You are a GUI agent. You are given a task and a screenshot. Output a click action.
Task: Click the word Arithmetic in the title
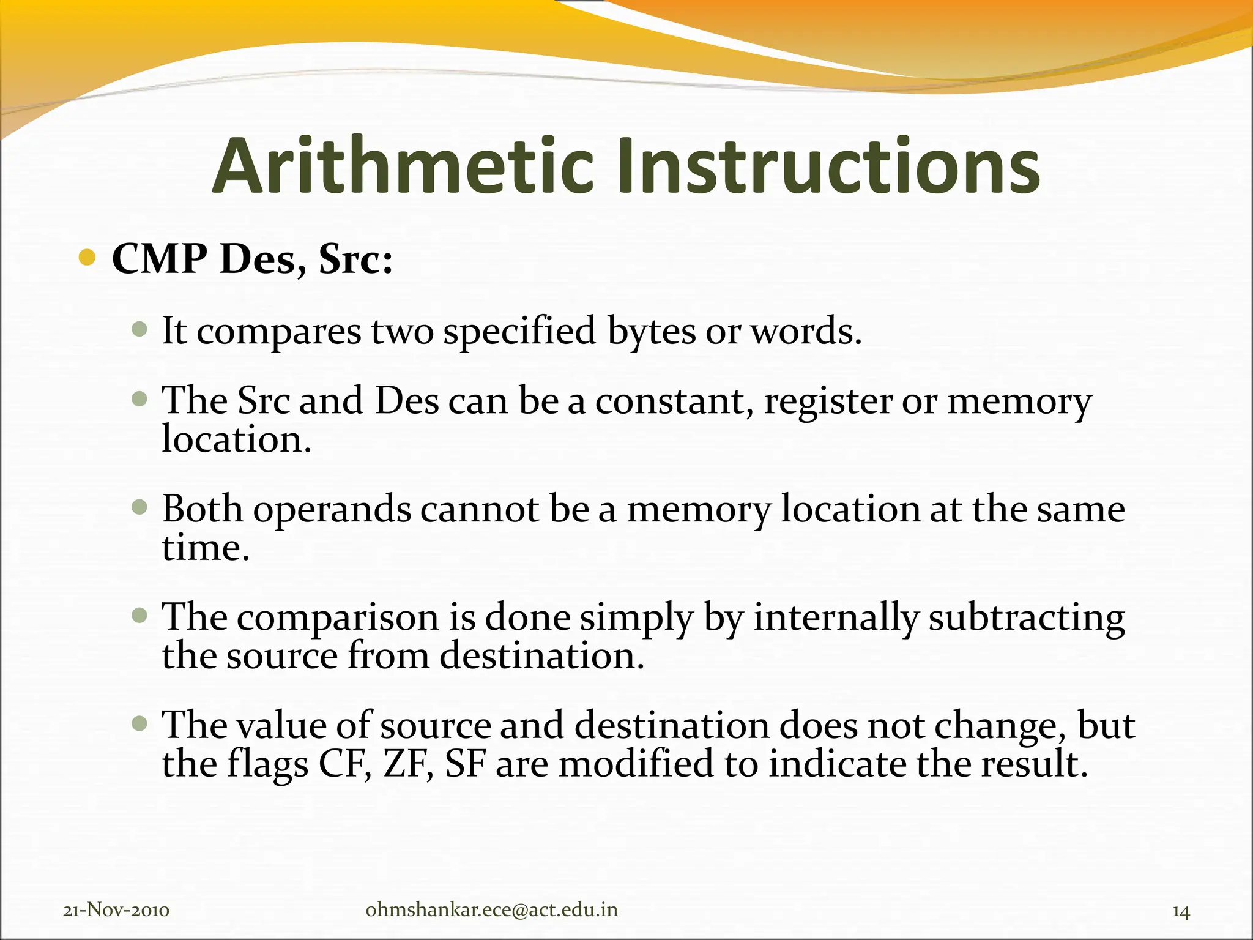point(403,166)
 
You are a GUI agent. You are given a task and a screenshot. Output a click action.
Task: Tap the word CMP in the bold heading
point(160,259)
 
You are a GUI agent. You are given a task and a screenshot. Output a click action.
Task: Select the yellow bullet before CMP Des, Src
point(87,258)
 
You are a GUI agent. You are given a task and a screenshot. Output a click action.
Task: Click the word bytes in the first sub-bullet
point(652,332)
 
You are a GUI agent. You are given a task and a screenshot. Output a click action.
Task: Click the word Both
point(202,509)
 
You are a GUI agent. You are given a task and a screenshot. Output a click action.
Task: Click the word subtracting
point(1027,617)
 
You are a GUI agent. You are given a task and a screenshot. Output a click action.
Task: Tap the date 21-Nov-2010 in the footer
point(116,911)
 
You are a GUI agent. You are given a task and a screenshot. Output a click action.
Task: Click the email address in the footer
point(491,911)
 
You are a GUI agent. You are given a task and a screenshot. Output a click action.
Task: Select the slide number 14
point(1181,912)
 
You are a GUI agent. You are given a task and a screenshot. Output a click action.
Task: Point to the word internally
point(836,617)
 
